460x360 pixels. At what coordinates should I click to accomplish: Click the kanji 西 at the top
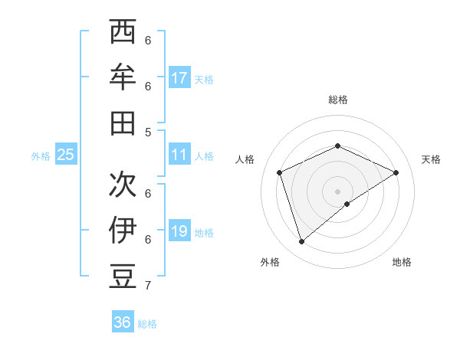(x=123, y=34)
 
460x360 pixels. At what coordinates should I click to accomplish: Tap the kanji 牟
(x=123, y=79)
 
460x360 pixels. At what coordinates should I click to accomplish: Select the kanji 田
(x=123, y=123)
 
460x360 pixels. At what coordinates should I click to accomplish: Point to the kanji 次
(x=123, y=185)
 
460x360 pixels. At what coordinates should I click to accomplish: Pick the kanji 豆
(x=123, y=275)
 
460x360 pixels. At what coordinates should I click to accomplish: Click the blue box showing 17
(x=179, y=77)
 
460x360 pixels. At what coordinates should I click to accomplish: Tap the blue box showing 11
(x=179, y=155)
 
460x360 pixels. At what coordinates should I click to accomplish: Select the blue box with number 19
(x=179, y=231)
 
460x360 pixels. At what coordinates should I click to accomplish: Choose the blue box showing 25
(x=66, y=155)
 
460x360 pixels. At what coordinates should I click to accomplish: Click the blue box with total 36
(x=123, y=322)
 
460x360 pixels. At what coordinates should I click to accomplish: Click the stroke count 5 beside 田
(x=148, y=132)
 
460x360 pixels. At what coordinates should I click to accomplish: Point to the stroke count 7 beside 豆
(x=148, y=286)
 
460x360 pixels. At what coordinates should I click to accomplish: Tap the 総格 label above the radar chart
(x=337, y=100)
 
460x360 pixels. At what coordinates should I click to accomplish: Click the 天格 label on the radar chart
(x=431, y=159)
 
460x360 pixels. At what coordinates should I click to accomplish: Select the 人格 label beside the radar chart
(x=245, y=159)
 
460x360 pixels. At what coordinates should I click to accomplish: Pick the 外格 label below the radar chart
(x=270, y=262)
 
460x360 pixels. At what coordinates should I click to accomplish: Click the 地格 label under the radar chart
(x=402, y=262)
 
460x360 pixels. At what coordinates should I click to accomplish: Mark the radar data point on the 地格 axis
(x=347, y=204)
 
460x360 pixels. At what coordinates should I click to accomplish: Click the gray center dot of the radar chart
(x=337, y=190)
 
